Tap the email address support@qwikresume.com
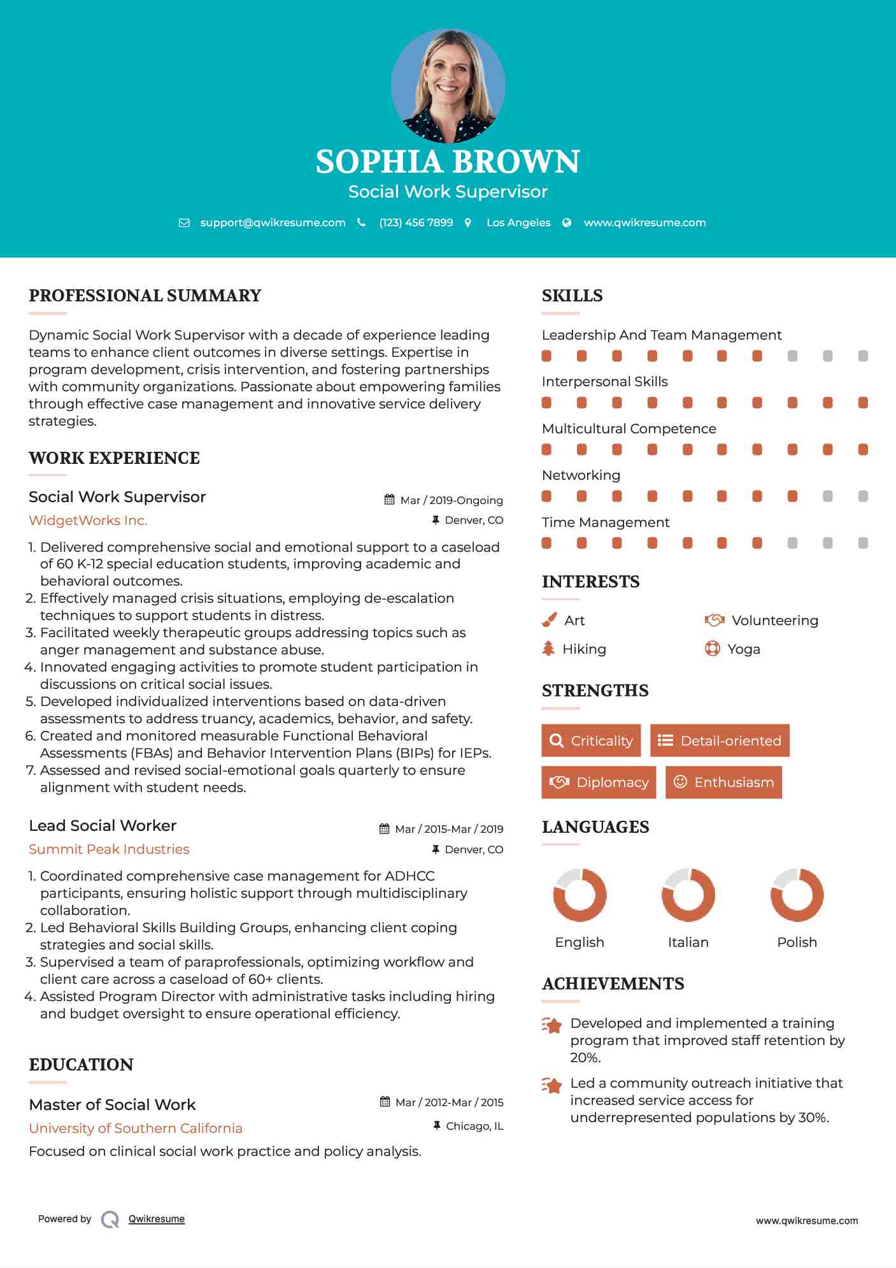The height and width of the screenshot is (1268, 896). coord(273,222)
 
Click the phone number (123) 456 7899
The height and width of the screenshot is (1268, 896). coord(416,222)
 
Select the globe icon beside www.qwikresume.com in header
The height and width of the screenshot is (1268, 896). coord(567,222)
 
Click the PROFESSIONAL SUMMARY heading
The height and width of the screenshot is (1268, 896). coord(145,296)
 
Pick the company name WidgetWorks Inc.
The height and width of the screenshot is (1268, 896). coord(88,521)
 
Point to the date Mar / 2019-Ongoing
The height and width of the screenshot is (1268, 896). coord(451,500)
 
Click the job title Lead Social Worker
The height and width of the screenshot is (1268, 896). coord(103,826)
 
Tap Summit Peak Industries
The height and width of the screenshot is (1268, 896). coord(109,849)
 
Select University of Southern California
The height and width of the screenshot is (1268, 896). coord(136,1128)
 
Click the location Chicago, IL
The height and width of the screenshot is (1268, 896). coord(474,1126)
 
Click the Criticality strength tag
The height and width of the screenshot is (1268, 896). coord(591,740)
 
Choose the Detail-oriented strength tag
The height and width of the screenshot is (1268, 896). coord(720,740)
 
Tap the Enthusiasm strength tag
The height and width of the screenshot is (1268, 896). coord(723,782)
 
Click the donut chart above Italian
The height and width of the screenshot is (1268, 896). coord(688,895)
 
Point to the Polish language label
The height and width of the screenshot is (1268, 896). coord(797,942)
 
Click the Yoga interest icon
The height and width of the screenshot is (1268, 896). coord(712,649)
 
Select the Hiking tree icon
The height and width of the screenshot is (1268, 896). coord(548,649)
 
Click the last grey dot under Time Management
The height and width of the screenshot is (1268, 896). coord(863,543)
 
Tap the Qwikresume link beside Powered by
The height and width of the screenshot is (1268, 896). coord(157,1219)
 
